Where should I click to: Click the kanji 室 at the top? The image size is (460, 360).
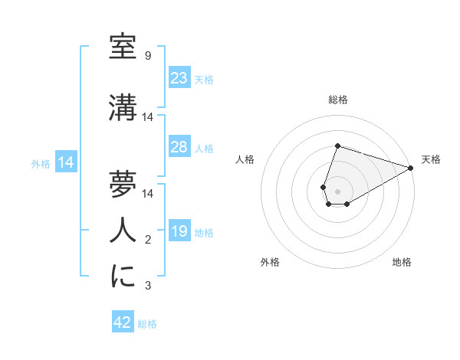[x=123, y=46]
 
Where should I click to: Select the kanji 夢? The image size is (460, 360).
[x=123, y=183]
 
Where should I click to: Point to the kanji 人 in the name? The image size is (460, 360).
[x=123, y=229]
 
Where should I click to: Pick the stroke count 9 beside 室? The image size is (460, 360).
[x=147, y=56]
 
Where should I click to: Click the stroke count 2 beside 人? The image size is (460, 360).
[x=147, y=241]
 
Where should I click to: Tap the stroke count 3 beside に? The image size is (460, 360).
[x=147, y=286]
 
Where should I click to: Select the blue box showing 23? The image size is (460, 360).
[x=179, y=78]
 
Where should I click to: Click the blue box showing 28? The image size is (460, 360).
[x=179, y=147]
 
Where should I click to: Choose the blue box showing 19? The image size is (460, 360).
[x=179, y=231]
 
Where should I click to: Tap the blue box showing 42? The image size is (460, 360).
[x=122, y=322]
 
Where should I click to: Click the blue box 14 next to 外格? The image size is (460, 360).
[x=66, y=162]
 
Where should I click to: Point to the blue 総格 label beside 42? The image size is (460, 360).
[x=147, y=324]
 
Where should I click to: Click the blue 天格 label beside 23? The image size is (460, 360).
[x=204, y=79]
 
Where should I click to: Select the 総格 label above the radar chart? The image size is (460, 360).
[x=338, y=100]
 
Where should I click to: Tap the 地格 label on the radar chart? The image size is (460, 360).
[x=402, y=263]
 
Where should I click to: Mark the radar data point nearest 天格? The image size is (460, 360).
[x=411, y=169]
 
